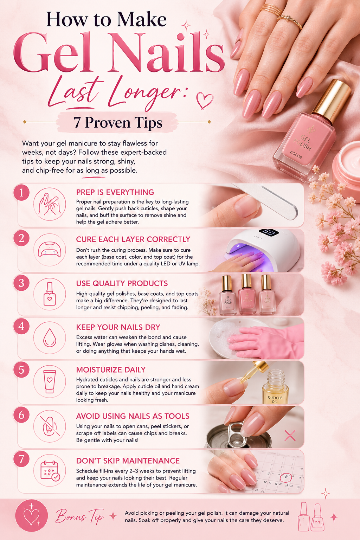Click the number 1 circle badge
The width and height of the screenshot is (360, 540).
21,193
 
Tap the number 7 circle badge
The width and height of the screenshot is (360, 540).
21,459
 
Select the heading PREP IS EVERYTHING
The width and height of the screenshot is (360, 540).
115,192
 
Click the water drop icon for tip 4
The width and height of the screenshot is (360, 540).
50,338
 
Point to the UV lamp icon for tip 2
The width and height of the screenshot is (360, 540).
50,250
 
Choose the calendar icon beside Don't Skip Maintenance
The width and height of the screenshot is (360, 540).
50,471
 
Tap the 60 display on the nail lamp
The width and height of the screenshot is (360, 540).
269,232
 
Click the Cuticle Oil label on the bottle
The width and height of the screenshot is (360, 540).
275,399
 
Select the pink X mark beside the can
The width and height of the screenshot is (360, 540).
290,435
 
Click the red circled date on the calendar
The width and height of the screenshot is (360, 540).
286,477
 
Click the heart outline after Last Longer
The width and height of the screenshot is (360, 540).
205,100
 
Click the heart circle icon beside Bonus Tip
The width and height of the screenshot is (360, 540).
32,516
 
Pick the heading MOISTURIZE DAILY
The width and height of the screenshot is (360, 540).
111,369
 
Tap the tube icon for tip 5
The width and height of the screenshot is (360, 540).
50,381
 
